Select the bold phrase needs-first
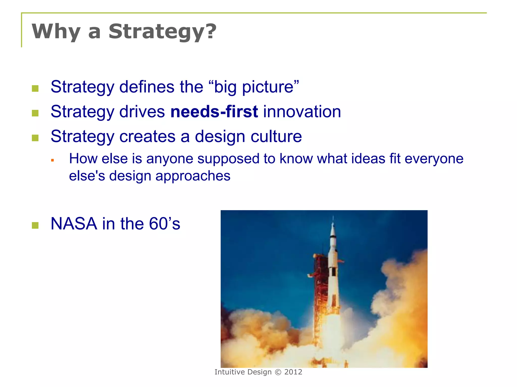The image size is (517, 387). [214, 112]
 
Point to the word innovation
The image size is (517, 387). [302, 112]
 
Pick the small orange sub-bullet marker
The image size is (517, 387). [53, 160]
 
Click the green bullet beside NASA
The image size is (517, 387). [35, 225]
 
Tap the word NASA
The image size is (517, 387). [74, 224]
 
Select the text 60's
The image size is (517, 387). [164, 224]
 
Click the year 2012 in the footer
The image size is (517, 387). [293, 372]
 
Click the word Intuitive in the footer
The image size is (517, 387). [230, 372]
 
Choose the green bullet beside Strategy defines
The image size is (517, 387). [35, 88]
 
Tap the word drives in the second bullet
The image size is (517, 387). [142, 112]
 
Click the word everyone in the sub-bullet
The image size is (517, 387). [434, 159]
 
